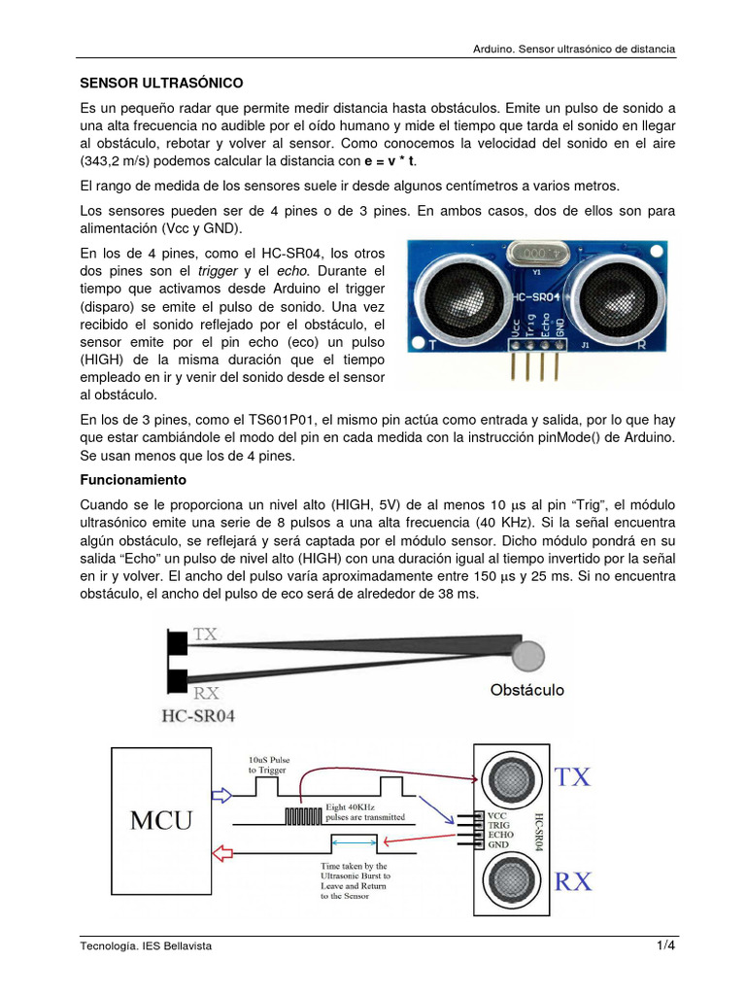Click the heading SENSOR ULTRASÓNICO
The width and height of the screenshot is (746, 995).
[160, 84]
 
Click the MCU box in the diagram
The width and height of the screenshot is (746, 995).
[161, 820]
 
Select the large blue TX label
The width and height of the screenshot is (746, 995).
[572, 776]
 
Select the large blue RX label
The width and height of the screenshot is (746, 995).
[573, 881]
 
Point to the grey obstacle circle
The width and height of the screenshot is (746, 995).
[527, 656]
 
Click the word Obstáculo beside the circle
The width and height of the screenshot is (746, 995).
[527, 691]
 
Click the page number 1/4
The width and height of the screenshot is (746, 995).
[664, 945]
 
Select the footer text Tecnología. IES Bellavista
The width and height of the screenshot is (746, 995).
[145, 945]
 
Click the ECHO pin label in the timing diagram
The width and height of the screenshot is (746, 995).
[499, 833]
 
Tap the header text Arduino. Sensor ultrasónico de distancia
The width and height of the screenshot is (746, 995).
[573, 49]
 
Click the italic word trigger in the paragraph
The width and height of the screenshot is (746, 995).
[218, 270]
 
